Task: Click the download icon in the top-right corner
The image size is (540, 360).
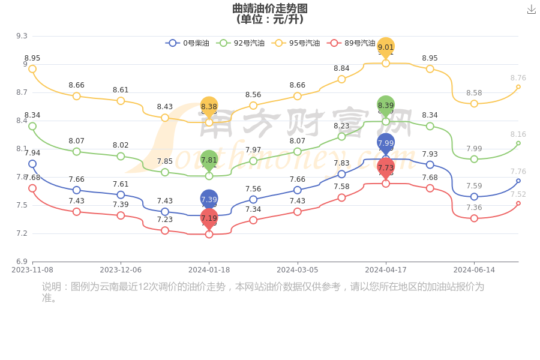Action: click(532, 9)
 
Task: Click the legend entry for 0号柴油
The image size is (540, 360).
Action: click(188, 43)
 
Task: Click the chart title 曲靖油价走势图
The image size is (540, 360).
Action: click(270, 8)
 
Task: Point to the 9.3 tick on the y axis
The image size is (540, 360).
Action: click(22, 36)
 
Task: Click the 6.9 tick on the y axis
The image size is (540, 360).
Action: click(22, 262)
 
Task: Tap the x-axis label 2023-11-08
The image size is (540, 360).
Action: click(32, 270)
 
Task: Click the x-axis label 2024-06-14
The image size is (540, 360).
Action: click(474, 270)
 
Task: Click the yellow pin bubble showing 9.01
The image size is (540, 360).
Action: click(386, 47)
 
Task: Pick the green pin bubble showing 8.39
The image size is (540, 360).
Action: click(386, 105)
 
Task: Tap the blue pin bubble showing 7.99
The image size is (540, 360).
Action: click(386, 143)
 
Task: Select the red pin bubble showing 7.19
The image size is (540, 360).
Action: click(209, 218)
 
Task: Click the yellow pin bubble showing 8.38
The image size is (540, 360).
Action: click(209, 106)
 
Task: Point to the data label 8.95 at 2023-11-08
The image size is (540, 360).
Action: click(32, 58)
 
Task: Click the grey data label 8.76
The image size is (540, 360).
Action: click(518, 78)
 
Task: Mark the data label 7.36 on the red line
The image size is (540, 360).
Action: click(474, 208)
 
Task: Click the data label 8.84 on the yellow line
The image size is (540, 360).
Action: click(341, 68)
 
